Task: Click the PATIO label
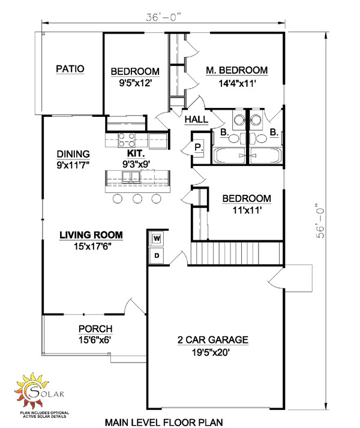70,69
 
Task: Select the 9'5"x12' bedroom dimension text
135,84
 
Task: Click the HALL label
196,120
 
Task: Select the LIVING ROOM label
91,234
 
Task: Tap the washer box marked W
157,239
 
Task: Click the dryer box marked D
157,255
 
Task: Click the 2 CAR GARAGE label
213,340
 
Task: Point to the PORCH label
95,328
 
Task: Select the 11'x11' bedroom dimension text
246,211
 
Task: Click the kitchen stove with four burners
127,140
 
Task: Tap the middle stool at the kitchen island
137,198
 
